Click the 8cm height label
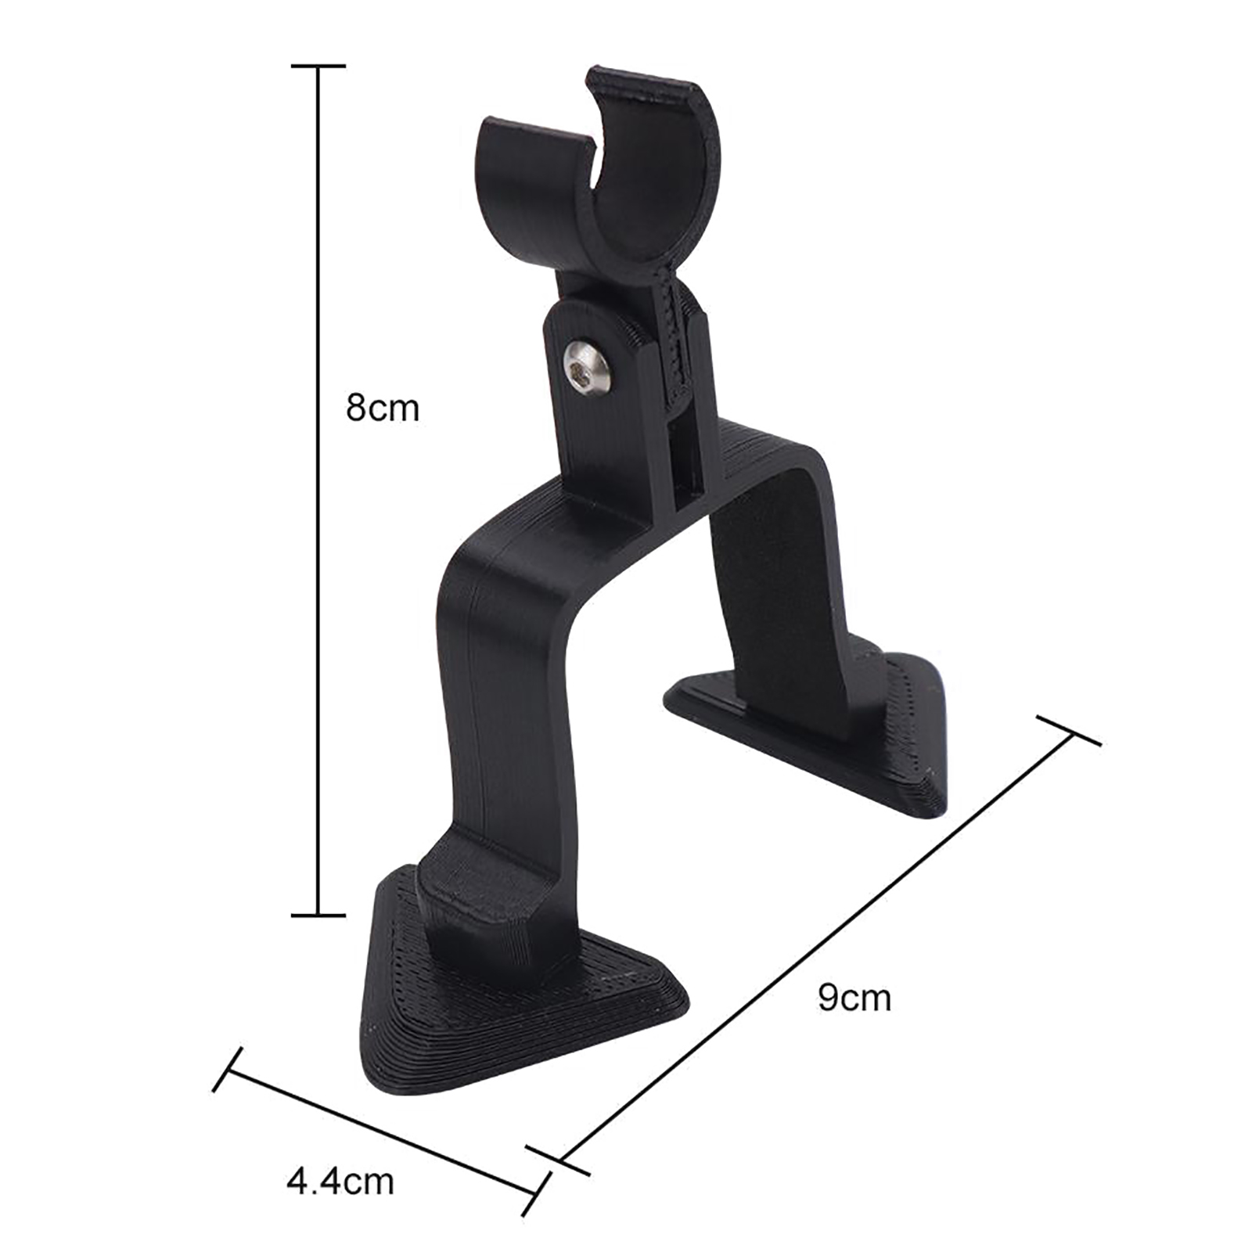click(383, 408)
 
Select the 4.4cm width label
click(340, 1181)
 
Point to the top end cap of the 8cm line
click(318, 67)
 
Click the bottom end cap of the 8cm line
click(318, 914)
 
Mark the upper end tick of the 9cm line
click(1069, 730)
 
